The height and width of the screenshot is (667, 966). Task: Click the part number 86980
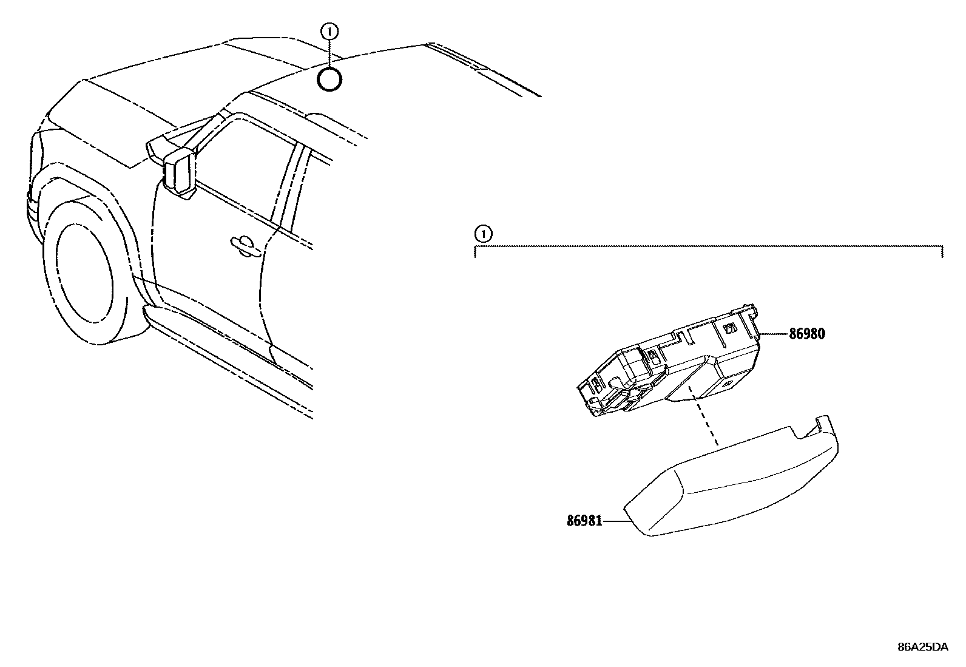[807, 334]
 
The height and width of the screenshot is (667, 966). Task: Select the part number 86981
[584, 521]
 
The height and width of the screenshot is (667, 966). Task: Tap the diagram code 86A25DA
[922, 647]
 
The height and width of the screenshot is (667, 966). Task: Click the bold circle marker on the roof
[329, 80]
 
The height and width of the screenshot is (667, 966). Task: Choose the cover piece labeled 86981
[728, 486]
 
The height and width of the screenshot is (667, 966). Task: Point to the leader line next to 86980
[774, 334]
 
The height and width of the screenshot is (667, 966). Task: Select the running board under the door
[231, 346]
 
